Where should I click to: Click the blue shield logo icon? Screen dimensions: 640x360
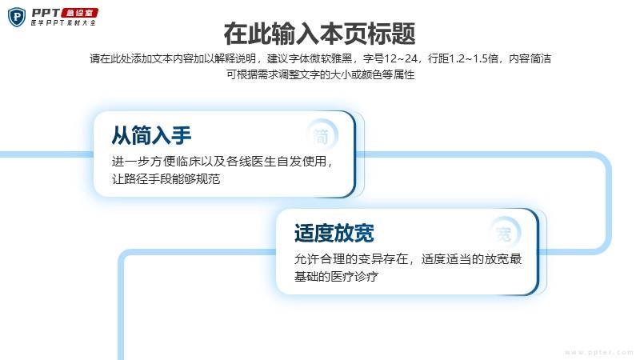pyautogui.click(x=17, y=17)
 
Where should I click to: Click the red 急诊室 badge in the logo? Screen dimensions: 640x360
pyautogui.click(x=80, y=13)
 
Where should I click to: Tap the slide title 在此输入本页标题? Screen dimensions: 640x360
pyautogui.click(x=319, y=34)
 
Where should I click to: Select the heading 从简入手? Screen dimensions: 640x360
pyautogui.click(x=151, y=135)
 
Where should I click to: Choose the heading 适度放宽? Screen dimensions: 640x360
pyautogui.click(x=334, y=233)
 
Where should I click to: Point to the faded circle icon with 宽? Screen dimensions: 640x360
pyautogui.click(x=504, y=234)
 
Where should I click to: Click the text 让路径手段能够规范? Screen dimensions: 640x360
pyautogui.click(x=166, y=178)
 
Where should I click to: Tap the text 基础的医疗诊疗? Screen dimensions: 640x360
pyautogui.click(x=336, y=276)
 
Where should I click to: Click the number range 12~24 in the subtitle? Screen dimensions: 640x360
pyautogui.click(x=401, y=58)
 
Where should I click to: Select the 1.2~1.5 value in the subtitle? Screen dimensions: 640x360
pyautogui.click(x=474, y=58)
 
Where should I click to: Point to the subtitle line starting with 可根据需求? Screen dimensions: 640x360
pyautogui.click(x=321, y=74)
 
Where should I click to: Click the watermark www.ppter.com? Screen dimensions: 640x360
pyautogui.click(x=598, y=352)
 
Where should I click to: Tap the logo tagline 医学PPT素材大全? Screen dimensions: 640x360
pyautogui.click(x=63, y=23)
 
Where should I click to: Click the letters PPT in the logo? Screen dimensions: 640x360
pyautogui.click(x=46, y=13)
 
